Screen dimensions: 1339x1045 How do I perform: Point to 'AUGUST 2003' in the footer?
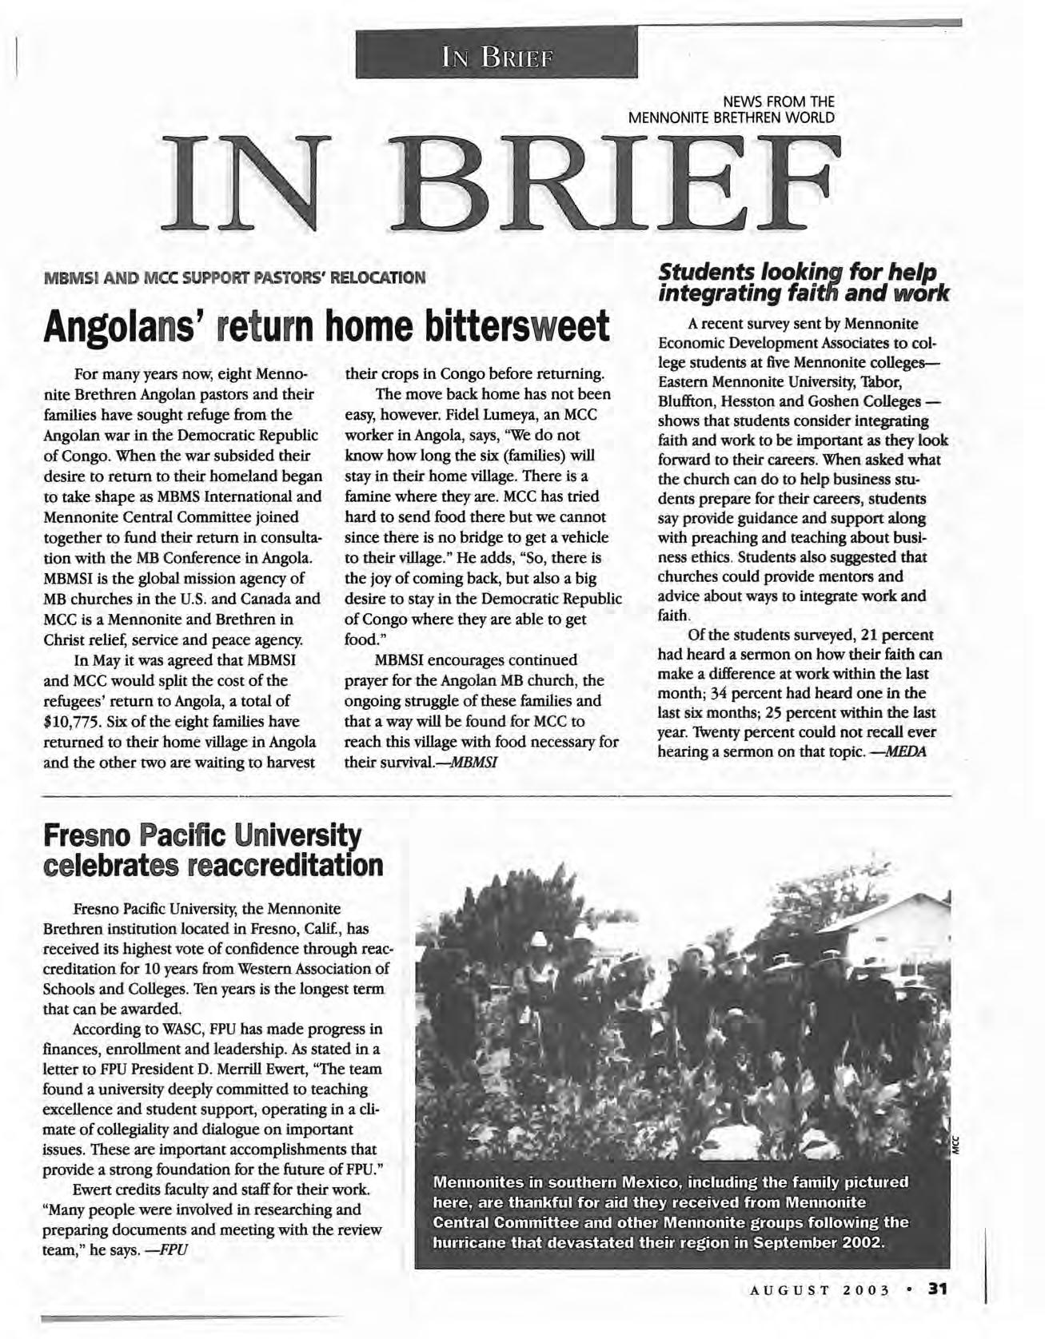coord(820,1290)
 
